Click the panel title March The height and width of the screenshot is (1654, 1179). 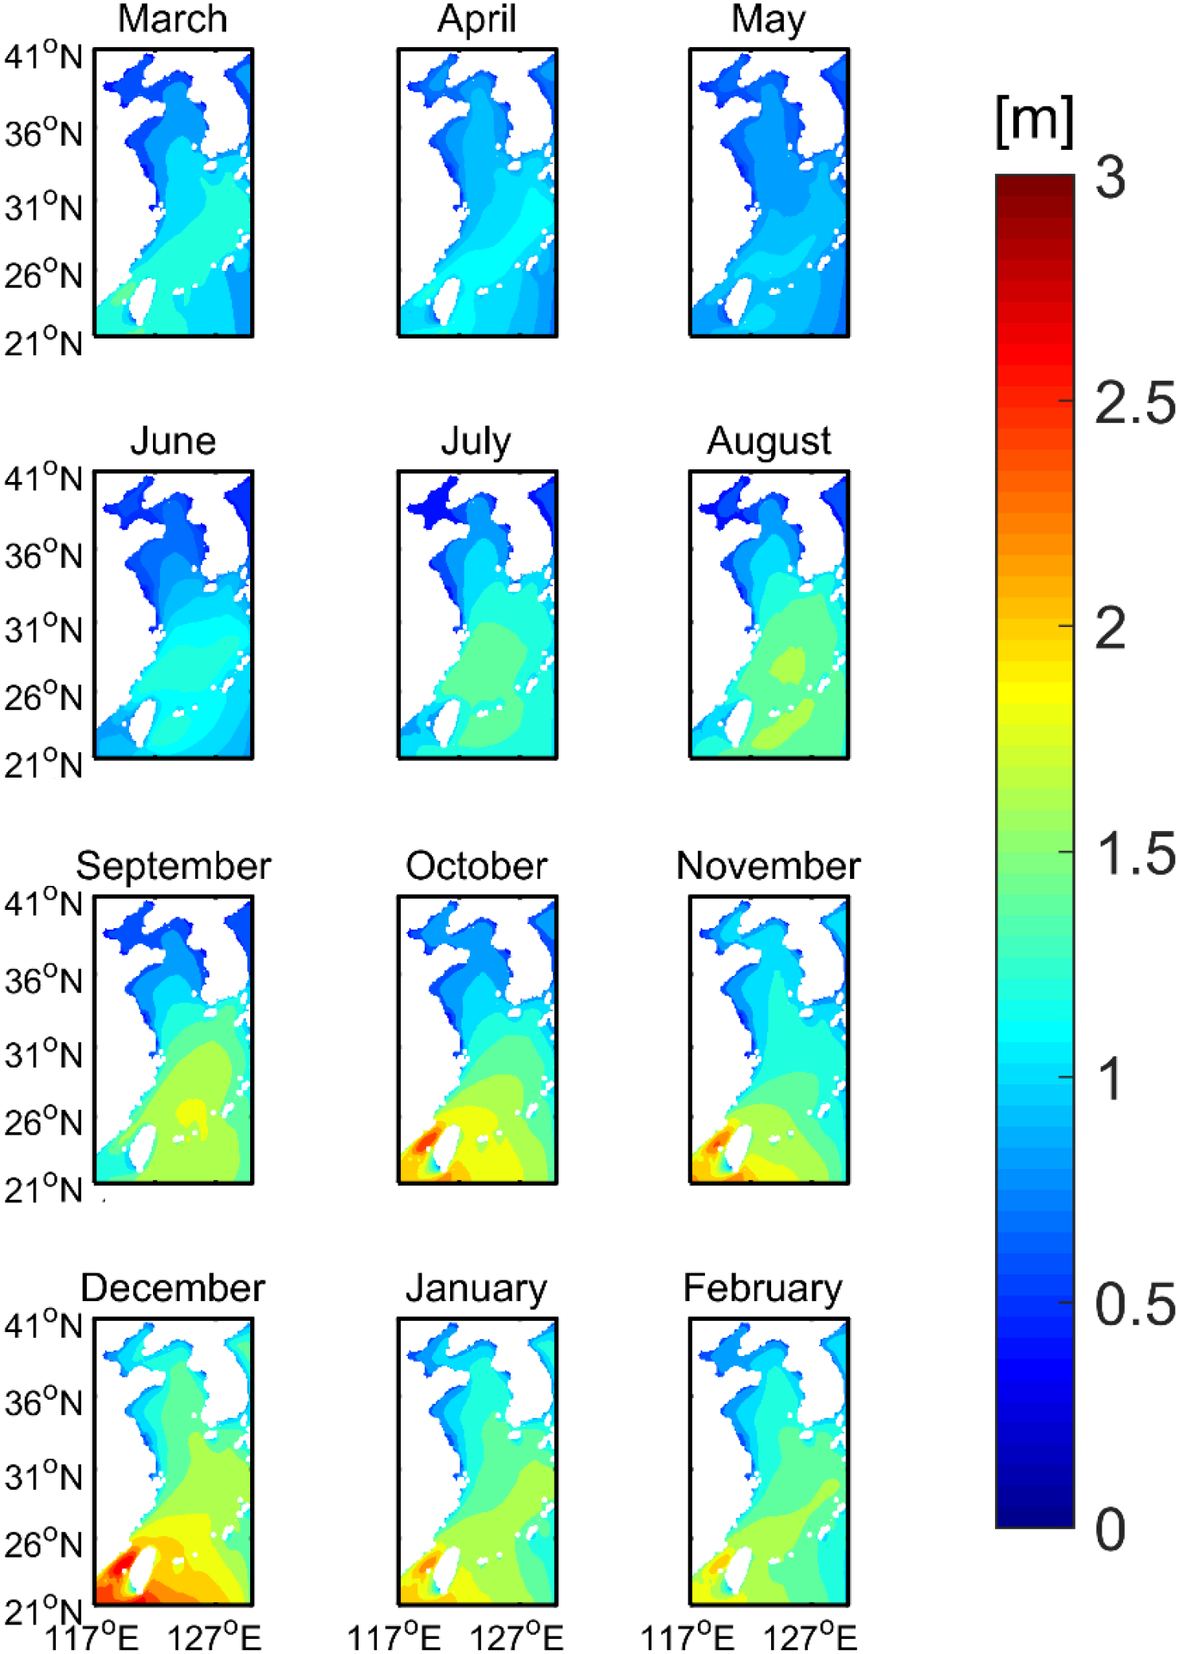(x=172, y=19)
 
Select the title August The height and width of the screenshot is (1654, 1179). (x=769, y=441)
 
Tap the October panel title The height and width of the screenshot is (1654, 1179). (x=476, y=865)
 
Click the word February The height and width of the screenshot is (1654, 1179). (x=762, y=1288)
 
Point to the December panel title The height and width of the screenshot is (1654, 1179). (x=172, y=1288)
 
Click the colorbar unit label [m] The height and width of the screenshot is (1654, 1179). (x=1034, y=121)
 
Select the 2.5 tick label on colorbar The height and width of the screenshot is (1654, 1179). (x=1134, y=402)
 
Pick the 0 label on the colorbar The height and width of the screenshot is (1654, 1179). (x=1110, y=1530)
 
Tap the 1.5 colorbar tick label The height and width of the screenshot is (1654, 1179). (x=1134, y=853)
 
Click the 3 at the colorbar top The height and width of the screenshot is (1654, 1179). (x=1110, y=177)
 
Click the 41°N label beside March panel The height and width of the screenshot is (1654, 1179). (x=43, y=57)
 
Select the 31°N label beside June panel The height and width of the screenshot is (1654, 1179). (x=43, y=629)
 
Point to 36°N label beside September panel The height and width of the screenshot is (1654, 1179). (x=43, y=980)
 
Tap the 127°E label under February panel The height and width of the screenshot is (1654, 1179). (x=809, y=1637)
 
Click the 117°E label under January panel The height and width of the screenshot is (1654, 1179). (x=394, y=1637)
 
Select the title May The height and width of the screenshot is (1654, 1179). (x=768, y=19)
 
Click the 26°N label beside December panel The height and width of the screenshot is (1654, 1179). (x=43, y=1544)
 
